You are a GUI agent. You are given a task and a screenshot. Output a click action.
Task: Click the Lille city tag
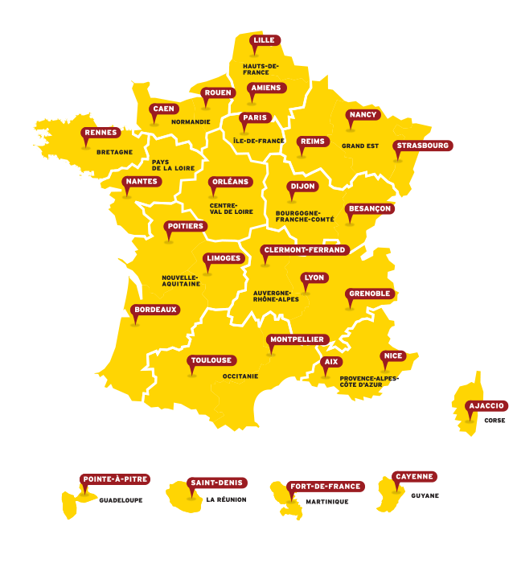[264, 40]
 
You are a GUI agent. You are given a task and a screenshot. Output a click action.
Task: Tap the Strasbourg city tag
[422, 146]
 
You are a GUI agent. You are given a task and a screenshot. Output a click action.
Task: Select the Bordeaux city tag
[155, 310]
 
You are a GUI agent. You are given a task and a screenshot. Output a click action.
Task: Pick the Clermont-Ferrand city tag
[305, 250]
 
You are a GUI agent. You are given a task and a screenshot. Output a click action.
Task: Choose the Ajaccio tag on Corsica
[486, 406]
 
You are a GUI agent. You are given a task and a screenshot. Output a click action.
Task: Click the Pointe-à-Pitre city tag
[115, 479]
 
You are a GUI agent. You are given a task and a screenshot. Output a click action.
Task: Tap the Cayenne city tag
[414, 477]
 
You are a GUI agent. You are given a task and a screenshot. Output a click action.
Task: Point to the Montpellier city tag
[296, 339]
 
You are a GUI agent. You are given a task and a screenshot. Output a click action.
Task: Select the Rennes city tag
[101, 133]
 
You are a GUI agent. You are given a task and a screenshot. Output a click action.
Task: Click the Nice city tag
[392, 355]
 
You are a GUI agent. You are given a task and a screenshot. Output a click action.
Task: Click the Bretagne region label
[114, 152]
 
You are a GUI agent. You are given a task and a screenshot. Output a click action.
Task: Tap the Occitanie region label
[240, 376]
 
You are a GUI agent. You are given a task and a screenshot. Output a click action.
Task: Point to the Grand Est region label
[359, 146]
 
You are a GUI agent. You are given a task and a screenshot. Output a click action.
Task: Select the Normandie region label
[191, 122]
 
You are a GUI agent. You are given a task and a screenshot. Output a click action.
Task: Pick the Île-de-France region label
[258, 141]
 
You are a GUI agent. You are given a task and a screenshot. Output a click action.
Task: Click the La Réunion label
[226, 499]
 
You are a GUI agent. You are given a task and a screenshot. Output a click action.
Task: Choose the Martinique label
[326, 502]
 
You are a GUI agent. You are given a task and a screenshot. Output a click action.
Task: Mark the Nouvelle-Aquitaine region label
[181, 280]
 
